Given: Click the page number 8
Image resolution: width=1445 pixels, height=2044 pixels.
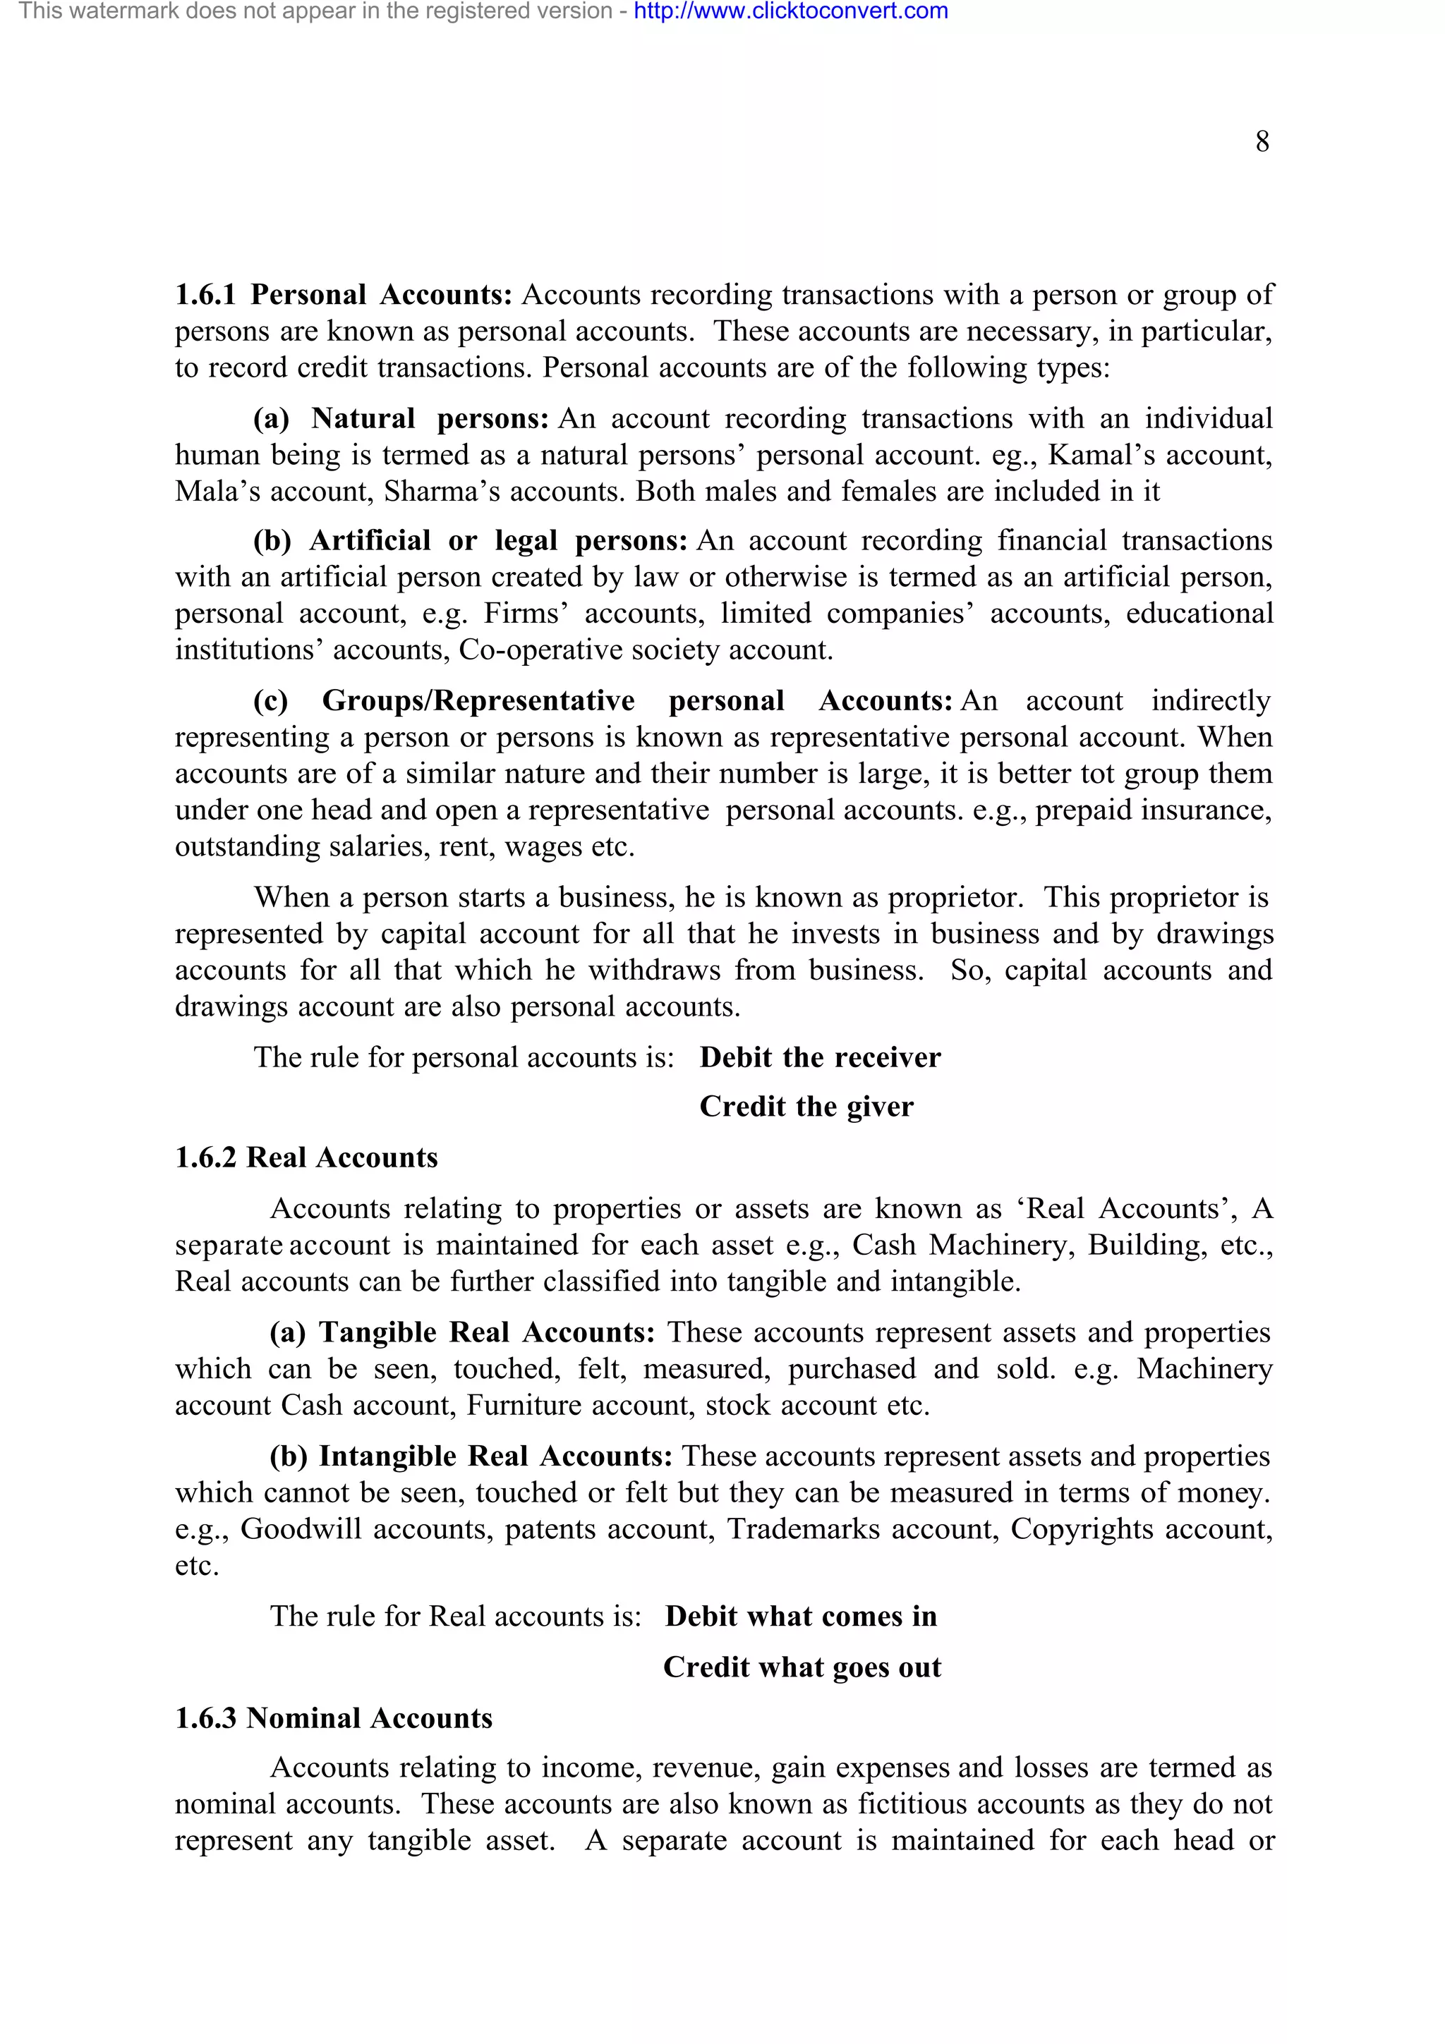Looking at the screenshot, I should point(1262,142).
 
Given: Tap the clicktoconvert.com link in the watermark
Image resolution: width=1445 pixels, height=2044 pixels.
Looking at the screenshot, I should point(791,11).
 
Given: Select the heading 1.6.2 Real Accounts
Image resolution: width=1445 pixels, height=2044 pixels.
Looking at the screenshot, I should point(306,1157).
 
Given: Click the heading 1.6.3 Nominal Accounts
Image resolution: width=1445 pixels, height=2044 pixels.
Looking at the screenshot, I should point(333,1717).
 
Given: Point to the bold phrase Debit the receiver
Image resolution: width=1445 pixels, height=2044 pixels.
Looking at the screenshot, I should point(819,1057).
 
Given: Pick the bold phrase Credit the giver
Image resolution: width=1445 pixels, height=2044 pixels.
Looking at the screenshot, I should point(806,1107).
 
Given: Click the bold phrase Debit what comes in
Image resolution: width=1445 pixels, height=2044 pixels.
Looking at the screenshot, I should point(800,1616).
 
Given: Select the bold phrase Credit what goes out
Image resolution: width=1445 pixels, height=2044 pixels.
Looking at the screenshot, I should point(802,1667).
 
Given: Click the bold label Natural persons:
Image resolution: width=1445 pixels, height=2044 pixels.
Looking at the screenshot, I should point(429,418).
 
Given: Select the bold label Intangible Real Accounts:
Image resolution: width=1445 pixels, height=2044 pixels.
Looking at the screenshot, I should point(496,1456).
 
